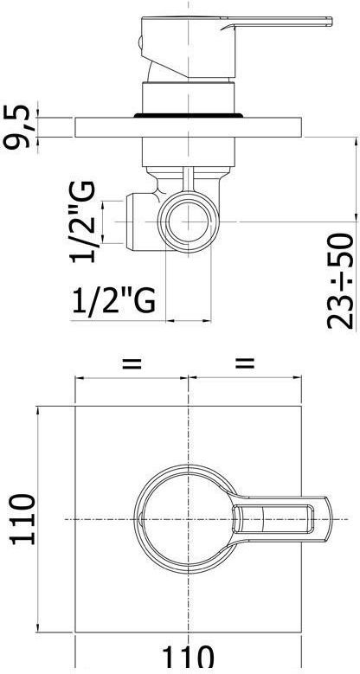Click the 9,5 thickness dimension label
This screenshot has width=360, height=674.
point(19,125)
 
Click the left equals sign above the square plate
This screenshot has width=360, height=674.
point(132,364)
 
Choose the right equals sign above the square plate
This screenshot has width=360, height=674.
point(246,364)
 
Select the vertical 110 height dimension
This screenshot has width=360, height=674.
point(21,518)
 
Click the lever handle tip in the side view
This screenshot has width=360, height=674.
point(325,19)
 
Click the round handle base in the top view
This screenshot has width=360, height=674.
point(177,517)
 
